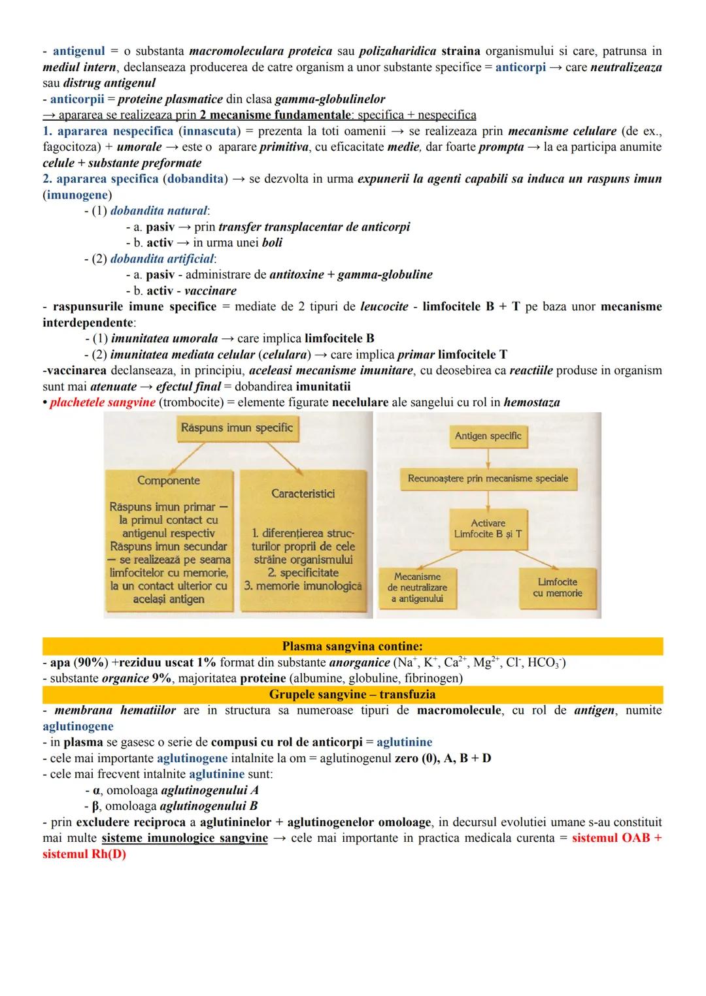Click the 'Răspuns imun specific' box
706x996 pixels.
237,428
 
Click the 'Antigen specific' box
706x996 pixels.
488,436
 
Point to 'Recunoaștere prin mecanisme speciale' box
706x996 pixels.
488,479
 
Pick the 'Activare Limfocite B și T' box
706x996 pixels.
488,528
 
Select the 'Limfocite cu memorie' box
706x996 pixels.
558,587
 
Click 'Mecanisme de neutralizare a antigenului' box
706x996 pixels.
418,587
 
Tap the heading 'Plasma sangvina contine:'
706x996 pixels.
352,646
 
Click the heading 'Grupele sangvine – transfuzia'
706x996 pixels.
352,694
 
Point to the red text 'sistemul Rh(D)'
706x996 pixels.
84,854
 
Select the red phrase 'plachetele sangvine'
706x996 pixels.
103,402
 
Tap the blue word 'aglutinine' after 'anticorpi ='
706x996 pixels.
404,742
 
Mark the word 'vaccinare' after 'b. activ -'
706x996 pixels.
210,291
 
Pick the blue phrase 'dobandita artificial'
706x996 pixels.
161,259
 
